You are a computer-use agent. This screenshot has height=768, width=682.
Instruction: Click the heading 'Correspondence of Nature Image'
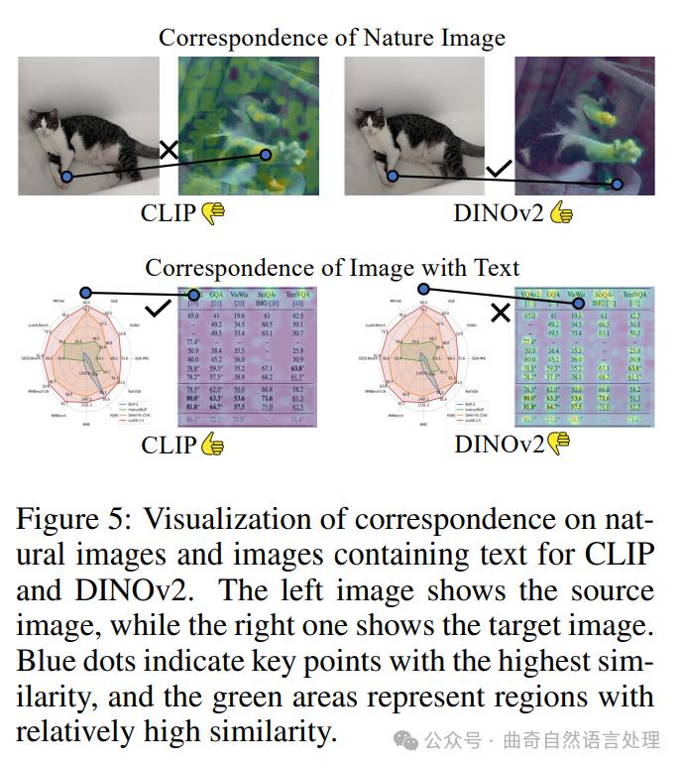(332, 38)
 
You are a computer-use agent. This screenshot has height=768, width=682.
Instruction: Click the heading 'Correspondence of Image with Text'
(333, 268)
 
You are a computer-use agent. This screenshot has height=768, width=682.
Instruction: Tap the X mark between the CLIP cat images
(169, 150)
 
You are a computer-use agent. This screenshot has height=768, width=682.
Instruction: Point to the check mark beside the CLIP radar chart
(157, 311)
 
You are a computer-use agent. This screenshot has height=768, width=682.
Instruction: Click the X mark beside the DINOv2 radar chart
(501, 314)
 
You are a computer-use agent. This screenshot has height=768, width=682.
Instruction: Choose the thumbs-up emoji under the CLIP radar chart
(213, 445)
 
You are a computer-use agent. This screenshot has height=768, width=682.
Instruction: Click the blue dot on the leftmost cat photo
(65, 178)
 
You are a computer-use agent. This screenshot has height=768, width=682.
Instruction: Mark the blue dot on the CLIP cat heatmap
(265, 155)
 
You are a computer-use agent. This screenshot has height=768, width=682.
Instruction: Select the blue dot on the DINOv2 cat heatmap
(619, 184)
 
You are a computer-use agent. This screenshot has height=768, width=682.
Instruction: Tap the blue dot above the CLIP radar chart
(86, 293)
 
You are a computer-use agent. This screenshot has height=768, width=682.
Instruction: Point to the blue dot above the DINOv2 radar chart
(423, 290)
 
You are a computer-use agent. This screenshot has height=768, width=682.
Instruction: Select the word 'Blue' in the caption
(45, 661)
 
